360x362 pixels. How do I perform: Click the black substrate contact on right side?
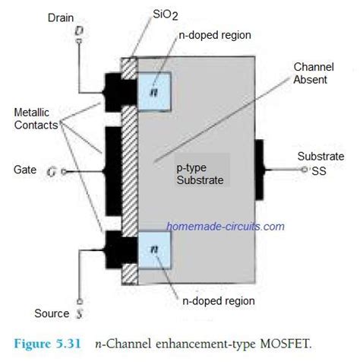[259, 170]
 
